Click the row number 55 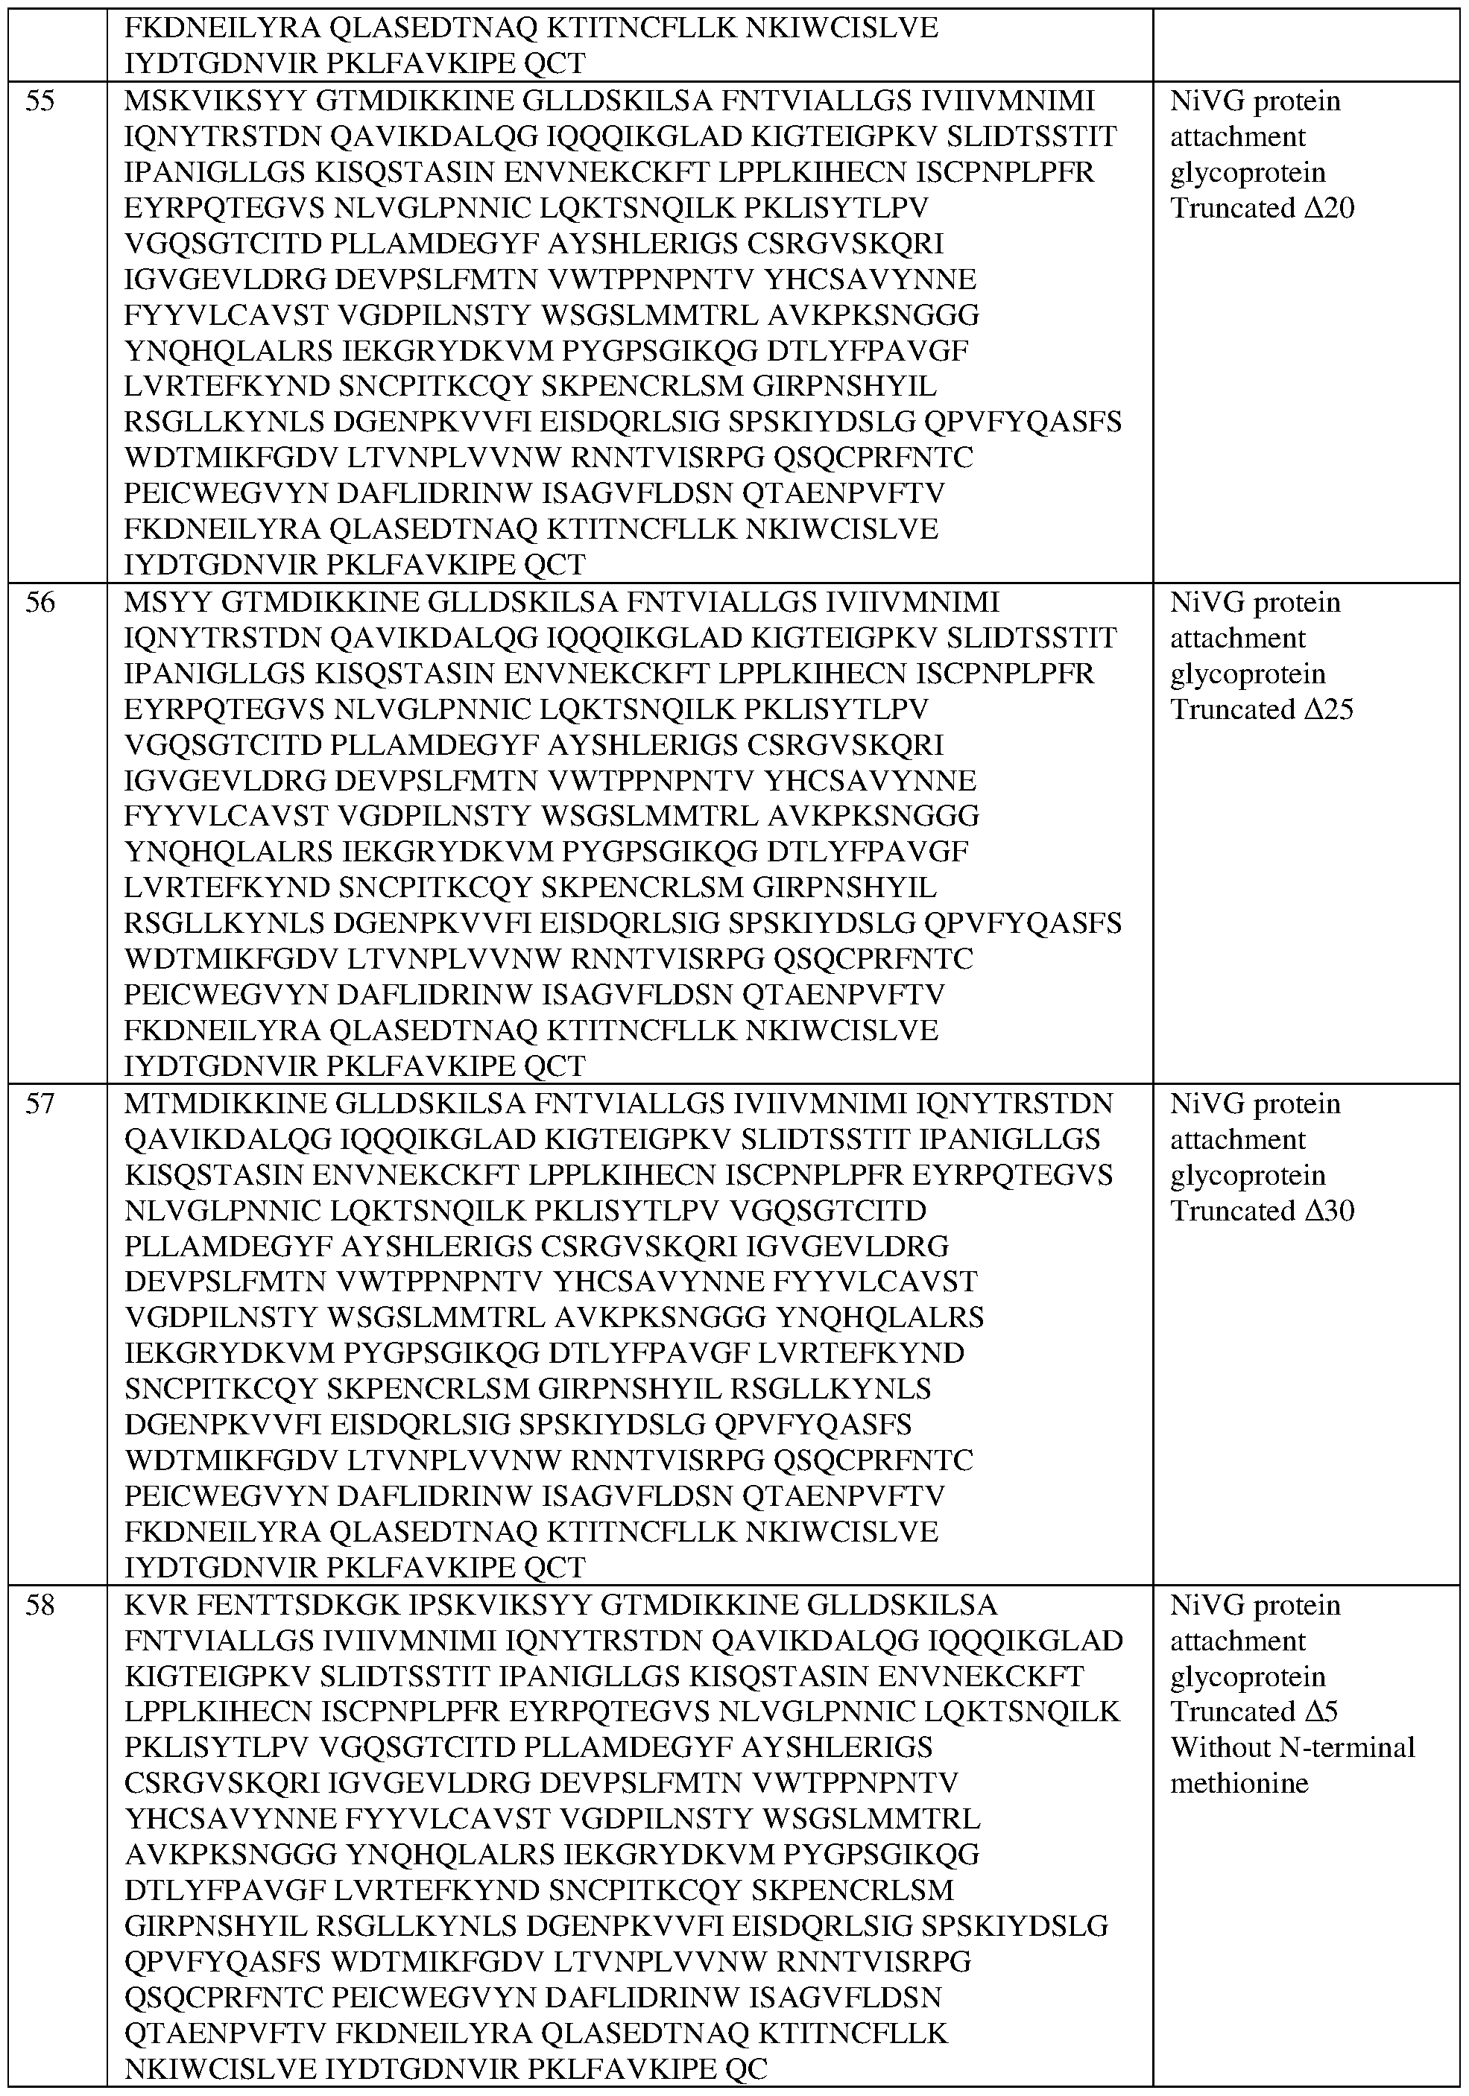[x=40, y=101]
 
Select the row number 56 [x=40, y=603]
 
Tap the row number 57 [x=40, y=1104]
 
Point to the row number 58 [x=40, y=1606]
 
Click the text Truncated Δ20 [x=1262, y=208]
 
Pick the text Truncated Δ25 [x=1262, y=709]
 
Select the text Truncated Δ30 [x=1262, y=1211]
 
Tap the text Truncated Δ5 [x=1254, y=1712]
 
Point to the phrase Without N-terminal [x=1292, y=1747]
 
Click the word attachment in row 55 [x=1238, y=137]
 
